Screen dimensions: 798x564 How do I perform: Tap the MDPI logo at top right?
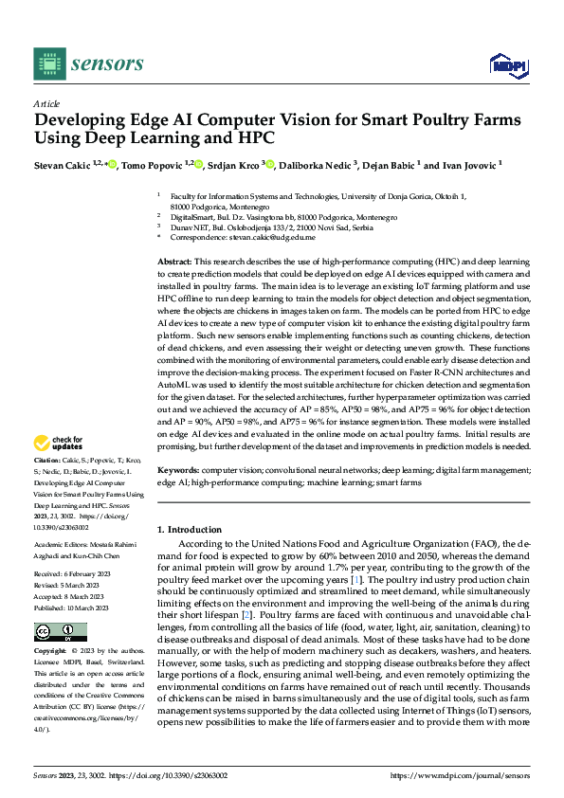tap(507, 63)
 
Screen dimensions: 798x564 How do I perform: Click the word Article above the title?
tap(45, 103)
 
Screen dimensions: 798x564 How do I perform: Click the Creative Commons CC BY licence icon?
tap(60, 632)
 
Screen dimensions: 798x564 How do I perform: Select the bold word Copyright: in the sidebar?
tap(50, 652)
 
